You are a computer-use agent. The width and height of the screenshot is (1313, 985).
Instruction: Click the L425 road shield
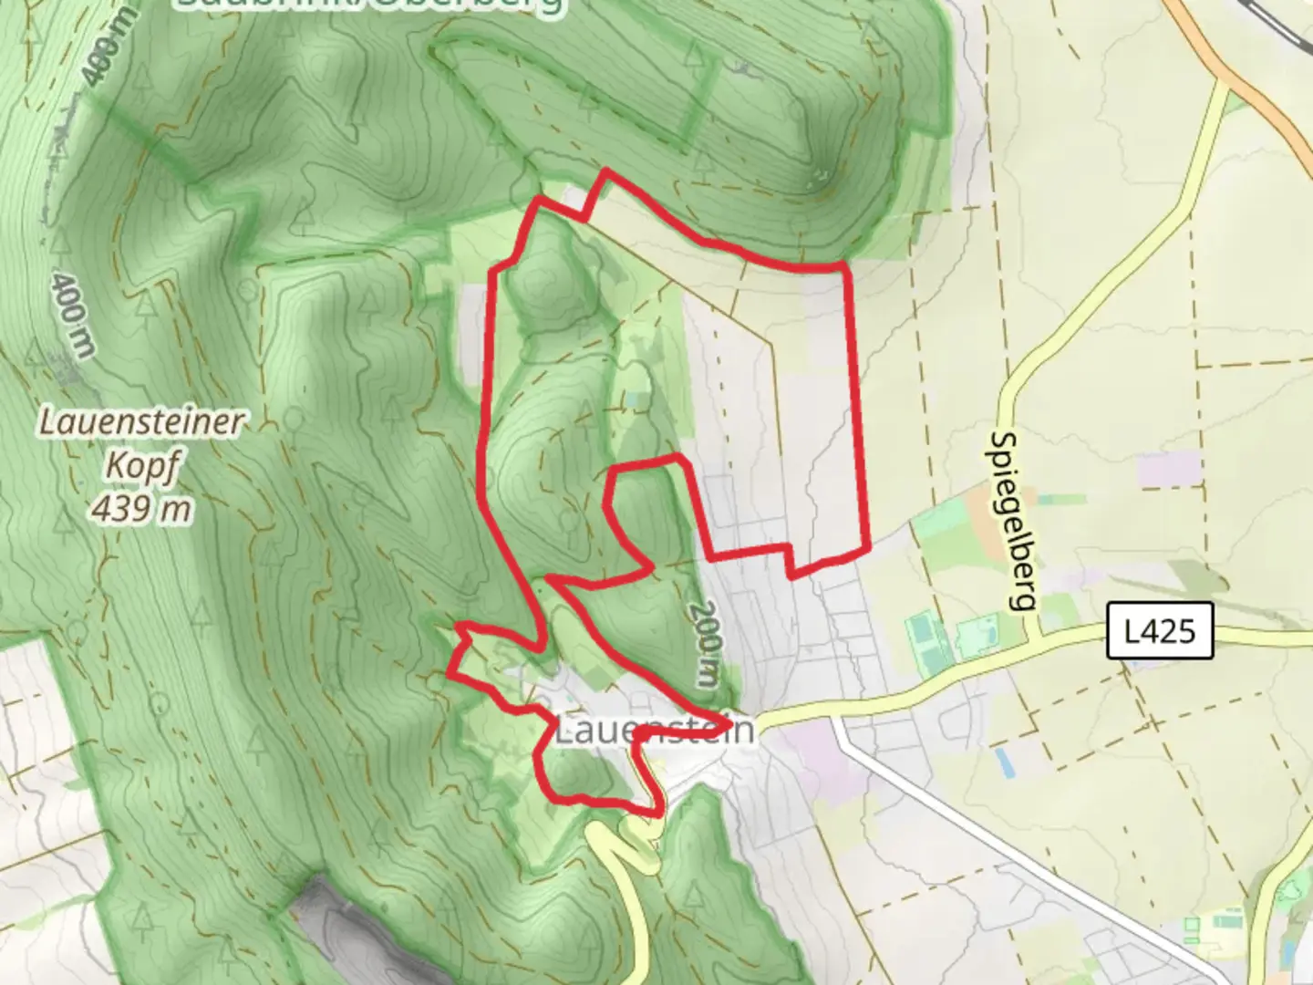(x=1160, y=630)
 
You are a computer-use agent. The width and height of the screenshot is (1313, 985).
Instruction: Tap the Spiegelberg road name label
(x=1013, y=521)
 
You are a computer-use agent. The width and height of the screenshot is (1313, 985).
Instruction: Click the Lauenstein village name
(x=655, y=731)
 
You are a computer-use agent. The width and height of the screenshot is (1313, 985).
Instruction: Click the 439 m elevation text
(x=141, y=507)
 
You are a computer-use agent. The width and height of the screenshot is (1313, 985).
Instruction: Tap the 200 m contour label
(x=705, y=643)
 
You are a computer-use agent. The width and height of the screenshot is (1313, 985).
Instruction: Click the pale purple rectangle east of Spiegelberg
(x=1170, y=469)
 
